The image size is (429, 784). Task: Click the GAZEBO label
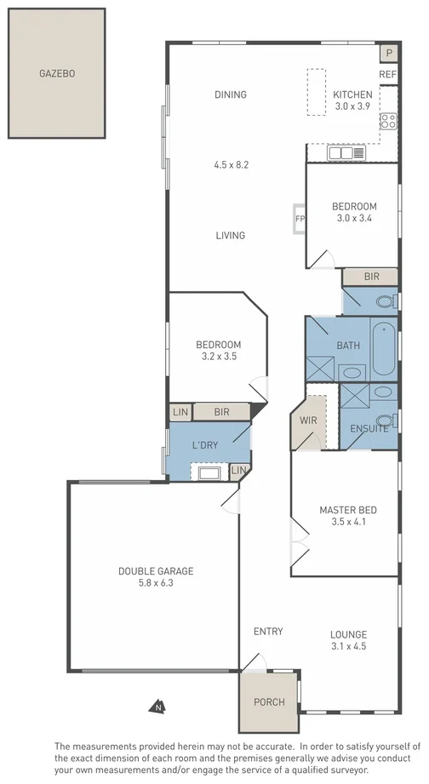click(57, 74)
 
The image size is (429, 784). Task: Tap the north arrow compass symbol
click(157, 706)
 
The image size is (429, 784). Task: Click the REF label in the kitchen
click(388, 75)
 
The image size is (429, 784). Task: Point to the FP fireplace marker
click(299, 218)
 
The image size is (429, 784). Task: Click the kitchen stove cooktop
click(389, 121)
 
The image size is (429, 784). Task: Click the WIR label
click(307, 420)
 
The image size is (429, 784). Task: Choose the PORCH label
click(270, 702)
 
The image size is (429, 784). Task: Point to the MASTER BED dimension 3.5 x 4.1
click(347, 523)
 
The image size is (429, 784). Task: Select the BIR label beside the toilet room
click(370, 277)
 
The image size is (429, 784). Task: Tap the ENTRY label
click(268, 631)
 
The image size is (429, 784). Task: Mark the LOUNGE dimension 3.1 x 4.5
click(348, 646)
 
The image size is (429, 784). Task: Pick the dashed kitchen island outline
click(316, 93)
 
